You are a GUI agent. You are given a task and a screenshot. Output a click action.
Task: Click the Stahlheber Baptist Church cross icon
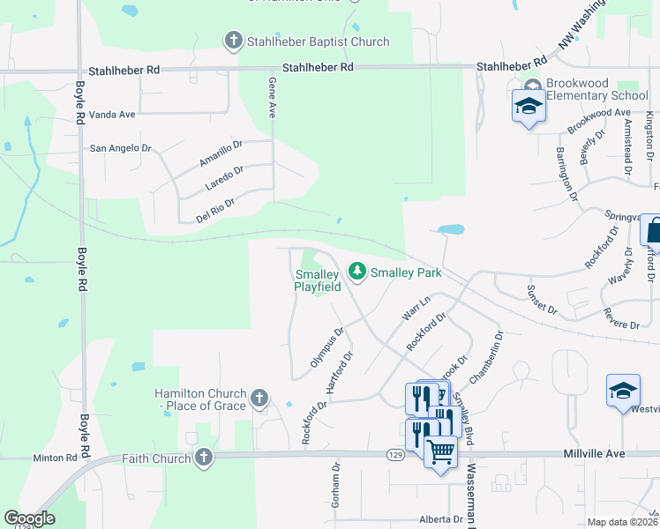point(233,41)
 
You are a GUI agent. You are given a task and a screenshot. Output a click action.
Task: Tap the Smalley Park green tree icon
point(357,272)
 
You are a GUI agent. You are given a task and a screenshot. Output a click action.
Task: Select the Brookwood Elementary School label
point(596,89)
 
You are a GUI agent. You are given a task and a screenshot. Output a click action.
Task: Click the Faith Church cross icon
point(204,458)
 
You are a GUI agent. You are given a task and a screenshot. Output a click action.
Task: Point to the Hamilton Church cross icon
point(259,398)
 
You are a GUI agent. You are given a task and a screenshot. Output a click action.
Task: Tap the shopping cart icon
point(441,451)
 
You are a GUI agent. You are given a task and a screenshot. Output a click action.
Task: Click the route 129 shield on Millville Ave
point(395,453)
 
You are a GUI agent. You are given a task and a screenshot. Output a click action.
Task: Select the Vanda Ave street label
point(114,115)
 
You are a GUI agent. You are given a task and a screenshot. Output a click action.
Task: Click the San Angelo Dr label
point(121,148)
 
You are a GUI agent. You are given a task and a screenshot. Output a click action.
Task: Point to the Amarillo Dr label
point(220,151)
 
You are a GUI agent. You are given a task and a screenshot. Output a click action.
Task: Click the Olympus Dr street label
point(326,349)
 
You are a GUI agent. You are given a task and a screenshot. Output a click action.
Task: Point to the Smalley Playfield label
point(318,280)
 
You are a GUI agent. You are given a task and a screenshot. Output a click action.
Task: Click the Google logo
point(29,518)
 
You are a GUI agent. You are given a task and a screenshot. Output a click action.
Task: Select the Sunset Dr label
point(542,300)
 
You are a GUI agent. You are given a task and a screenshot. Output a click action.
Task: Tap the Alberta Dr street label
point(441,519)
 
